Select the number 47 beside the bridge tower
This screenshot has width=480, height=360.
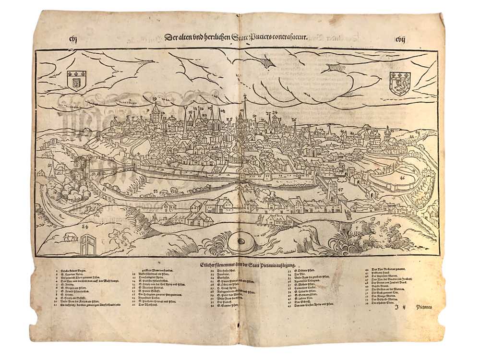(341, 191)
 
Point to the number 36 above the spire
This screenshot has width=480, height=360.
(294, 120)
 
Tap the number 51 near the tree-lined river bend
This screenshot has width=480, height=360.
(105, 189)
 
